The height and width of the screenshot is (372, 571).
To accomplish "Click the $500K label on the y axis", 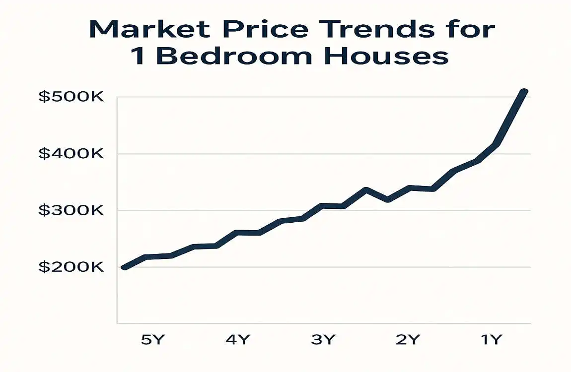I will click(x=71, y=97).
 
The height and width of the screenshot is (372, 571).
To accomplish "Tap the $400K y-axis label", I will click(x=71, y=154).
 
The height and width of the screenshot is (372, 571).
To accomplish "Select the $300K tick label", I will click(x=71, y=211).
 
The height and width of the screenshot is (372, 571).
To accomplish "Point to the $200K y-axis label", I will click(x=71, y=267).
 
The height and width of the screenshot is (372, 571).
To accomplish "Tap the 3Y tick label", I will click(x=323, y=340).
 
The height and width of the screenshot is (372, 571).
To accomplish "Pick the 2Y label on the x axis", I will click(x=408, y=340).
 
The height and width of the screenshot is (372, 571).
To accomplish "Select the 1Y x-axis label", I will click(x=491, y=340).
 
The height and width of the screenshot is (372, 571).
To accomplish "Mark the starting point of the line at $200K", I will click(x=124, y=267).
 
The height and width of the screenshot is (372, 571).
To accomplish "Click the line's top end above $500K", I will click(x=524, y=92).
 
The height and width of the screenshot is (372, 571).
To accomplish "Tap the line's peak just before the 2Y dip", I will click(x=366, y=190).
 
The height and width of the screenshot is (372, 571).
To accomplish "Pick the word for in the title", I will click(x=471, y=30).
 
